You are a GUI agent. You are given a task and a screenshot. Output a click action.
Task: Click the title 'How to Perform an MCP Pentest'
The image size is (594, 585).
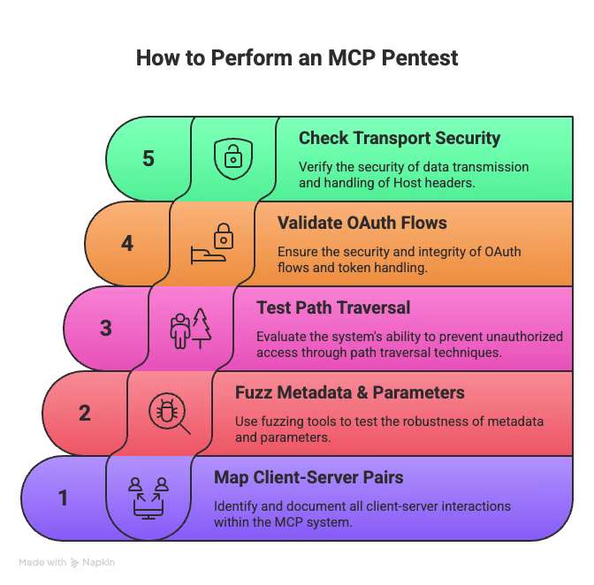point(297,59)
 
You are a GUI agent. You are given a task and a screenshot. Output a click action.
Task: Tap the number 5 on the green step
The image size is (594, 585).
point(148,159)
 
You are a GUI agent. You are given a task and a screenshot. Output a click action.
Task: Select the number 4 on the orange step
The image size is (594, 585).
point(127,243)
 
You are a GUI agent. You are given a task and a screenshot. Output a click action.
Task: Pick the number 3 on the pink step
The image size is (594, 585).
point(106,328)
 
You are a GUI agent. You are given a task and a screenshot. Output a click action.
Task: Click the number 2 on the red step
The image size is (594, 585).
point(85,413)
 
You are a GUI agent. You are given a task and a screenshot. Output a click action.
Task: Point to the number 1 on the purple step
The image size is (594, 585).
point(64,498)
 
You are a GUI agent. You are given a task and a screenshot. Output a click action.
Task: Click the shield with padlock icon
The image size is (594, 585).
point(233,158)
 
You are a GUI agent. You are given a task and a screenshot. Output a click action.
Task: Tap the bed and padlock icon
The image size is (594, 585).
point(212,243)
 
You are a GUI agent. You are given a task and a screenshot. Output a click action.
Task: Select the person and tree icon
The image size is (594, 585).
point(191,328)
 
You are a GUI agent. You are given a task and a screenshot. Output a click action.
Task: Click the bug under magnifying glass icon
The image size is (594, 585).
point(170,413)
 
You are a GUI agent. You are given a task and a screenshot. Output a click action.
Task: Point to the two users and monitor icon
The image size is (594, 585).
point(148,498)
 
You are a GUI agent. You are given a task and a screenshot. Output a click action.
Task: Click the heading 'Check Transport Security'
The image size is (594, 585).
point(400,138)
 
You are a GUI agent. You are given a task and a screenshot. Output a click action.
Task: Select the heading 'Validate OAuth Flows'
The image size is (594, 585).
point(362,223)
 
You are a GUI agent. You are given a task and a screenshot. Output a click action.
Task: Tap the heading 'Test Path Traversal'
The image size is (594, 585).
point(333,308)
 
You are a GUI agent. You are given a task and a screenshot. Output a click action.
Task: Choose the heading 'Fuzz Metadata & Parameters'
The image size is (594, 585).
point(350,392)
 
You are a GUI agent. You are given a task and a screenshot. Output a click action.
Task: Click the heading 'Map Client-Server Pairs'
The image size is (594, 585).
point(308,477)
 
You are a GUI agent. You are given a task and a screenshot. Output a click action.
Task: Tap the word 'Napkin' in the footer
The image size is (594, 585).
point(100,562)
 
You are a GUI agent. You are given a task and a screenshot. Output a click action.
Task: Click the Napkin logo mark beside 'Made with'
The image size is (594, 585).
point(74,562)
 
